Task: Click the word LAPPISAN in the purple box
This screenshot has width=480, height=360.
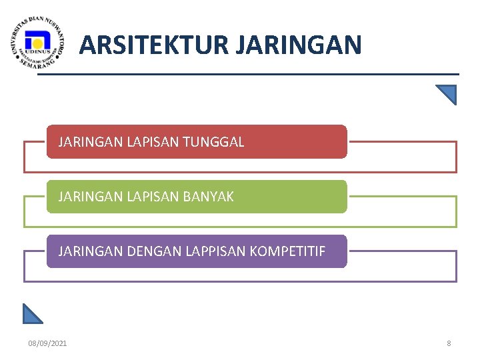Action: [215, 251]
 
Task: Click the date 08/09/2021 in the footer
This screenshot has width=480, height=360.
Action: [47, 343]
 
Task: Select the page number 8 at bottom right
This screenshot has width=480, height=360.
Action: [449, 343]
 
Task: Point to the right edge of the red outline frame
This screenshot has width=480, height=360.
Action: [457, 157]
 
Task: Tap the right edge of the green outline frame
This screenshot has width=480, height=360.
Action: [457, 211]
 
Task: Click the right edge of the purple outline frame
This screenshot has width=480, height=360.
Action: [457, 266]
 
